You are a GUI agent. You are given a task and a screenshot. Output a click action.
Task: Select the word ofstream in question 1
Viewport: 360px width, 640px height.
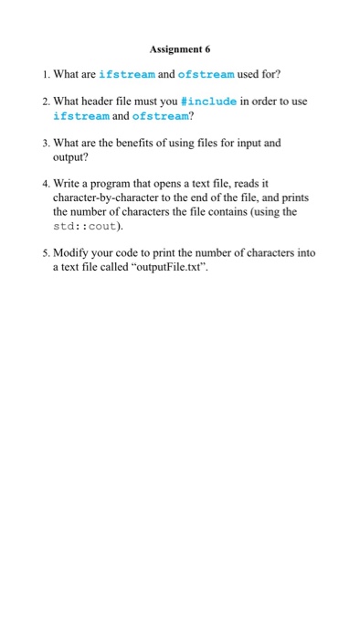point(205,74)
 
